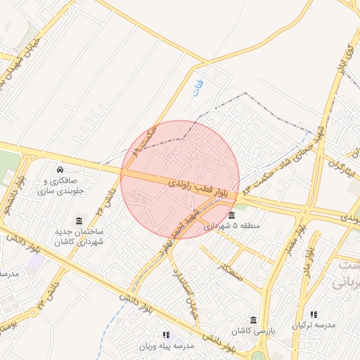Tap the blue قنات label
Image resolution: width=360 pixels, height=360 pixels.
click(198, 88)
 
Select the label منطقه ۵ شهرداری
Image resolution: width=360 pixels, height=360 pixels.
click(231, 226)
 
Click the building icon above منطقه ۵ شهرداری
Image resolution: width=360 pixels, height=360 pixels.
click(231, 215)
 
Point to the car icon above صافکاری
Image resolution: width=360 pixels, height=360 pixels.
click(60, 169)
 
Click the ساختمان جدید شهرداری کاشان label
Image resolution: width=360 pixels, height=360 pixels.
click(79, 236)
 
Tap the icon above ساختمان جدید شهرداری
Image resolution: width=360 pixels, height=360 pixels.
click(78, 220)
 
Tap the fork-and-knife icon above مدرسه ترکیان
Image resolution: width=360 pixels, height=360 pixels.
click(314, 314)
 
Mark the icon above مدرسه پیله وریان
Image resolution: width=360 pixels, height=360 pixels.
click(166, 335)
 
